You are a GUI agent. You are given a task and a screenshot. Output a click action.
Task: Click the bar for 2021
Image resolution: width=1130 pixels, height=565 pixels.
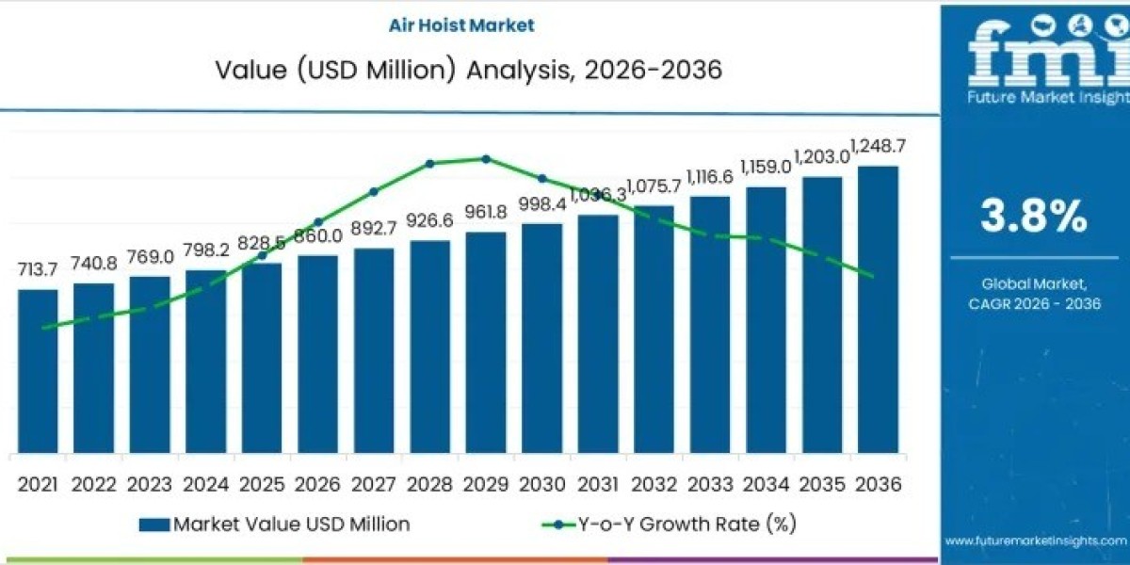[38, 371]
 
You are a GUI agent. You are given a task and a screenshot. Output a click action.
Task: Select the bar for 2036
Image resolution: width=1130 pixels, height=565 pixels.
[878, 311]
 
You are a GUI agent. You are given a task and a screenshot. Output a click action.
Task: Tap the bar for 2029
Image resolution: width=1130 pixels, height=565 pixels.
[486, 343]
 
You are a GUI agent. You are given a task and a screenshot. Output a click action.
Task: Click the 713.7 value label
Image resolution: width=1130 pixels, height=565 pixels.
[38, 270]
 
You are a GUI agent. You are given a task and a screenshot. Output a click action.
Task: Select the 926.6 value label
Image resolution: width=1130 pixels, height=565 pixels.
[429, 220]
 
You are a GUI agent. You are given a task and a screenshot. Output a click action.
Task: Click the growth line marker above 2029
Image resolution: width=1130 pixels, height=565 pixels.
[486, 159]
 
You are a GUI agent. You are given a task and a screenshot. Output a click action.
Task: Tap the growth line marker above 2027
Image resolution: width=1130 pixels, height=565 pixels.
[374, 191]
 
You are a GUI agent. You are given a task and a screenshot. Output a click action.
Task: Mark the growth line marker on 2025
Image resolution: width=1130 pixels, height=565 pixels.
[262, 255]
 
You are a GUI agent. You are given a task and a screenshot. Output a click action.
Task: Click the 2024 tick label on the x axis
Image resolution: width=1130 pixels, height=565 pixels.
[205, 484]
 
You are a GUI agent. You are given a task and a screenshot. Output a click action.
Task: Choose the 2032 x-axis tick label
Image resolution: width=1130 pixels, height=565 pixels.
[654, 484]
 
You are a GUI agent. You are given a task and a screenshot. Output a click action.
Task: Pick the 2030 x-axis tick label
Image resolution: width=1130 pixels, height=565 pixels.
[541, 484]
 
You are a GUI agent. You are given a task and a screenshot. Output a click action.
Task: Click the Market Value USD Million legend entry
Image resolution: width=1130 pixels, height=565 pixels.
[273, 525]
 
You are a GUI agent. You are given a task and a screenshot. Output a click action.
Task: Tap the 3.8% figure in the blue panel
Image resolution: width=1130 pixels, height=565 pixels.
[1034, 217]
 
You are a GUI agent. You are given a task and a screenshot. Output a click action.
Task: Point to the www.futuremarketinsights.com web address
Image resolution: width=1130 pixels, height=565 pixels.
[1035, 541]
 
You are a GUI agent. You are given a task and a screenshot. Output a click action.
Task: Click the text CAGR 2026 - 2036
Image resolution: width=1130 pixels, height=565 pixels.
[1034, 303]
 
